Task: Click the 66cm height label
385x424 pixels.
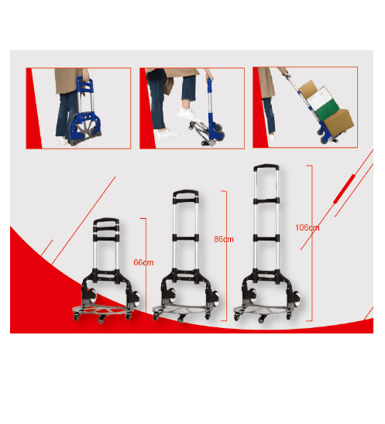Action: pyautogui.click(x=143, y=262)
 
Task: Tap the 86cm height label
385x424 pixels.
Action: pyautogui.click(x=224, y=239)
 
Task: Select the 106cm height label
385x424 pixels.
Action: pyautogui.click(x=307, y=227)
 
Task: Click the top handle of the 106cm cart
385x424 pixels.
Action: pyautogui.click(x=266, y=167)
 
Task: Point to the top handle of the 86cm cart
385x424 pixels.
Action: pyautogui.click(x=185, y=193)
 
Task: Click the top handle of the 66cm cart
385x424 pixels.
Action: pyautogui.click(x=106, y=221)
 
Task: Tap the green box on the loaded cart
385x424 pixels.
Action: pyautogui.click(x=327, y=107)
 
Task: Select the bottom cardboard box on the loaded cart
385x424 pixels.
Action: pyautogui.click(x=339, y=122)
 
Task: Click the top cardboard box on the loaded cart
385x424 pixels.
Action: pyautogui.click(x=308, y=89)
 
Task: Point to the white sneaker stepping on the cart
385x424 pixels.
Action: pyautogui.click(x=189, y=115)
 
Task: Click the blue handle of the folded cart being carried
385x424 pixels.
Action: pyautogui.click(x=85, y=84)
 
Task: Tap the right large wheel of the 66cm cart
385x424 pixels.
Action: pyautogui.click(x=136, y=299)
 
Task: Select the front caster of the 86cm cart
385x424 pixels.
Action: pyautogui.click(x=180, y=320)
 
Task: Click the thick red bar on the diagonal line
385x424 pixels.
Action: pyautogui.click(x=344, y=189)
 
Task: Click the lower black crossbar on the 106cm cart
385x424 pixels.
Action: pyautogui.click(x=266, y=238)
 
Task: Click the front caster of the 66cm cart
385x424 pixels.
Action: pyautogui.click(x=101, y=320)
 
